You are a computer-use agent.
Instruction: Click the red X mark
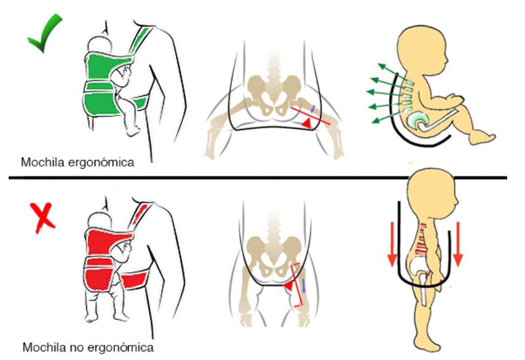43,218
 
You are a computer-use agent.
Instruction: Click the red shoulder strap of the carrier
140,215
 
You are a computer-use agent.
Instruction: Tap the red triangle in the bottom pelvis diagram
289,285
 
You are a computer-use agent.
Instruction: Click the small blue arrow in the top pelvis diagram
313,109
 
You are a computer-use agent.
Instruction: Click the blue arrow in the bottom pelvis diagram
303,286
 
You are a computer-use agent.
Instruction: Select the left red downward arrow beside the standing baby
392,244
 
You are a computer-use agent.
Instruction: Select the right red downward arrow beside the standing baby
458,244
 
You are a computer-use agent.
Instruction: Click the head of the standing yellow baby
432,194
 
